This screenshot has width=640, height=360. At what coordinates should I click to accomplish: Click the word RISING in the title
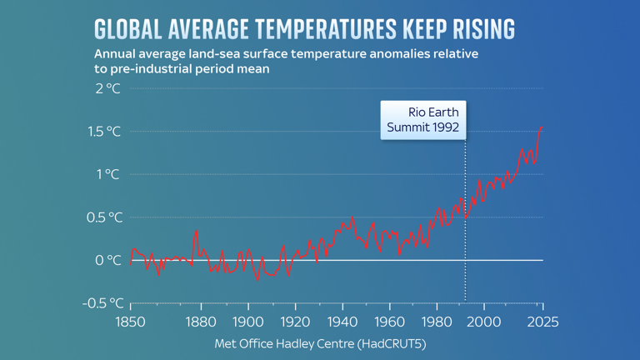[x=477, y=28]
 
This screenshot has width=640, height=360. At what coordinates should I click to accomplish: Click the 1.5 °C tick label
[x=102, y=132]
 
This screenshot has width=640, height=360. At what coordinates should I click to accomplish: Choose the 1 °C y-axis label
[x=107, y=174]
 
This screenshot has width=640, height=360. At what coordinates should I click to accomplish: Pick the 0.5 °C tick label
[x=102, y=217]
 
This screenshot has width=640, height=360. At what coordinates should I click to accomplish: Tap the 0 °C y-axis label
[x=107, y=260]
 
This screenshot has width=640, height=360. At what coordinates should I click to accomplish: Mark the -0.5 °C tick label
[x=99, y=303]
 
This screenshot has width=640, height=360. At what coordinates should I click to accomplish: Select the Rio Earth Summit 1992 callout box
[x=422, y=120]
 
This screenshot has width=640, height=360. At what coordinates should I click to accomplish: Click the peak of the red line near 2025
[x=542, y=127]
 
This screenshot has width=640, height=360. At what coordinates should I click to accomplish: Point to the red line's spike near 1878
[x=196, y=231]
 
